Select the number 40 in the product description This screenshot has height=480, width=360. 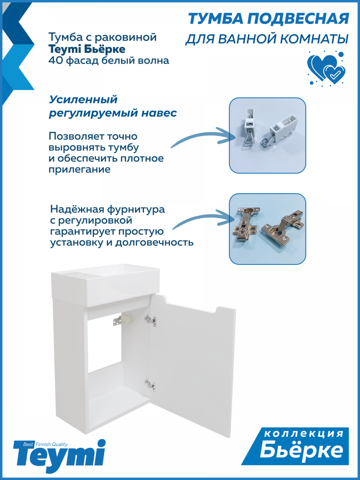[54, 60]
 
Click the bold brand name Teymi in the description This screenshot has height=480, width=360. [65, 49]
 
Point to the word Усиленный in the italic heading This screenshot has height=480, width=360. [83, 100]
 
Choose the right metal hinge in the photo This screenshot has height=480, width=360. [283, 225]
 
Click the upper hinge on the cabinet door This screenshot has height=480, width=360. [150, 320]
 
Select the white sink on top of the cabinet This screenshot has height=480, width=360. [105, 285]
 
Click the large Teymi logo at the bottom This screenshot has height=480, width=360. [59, 457]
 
